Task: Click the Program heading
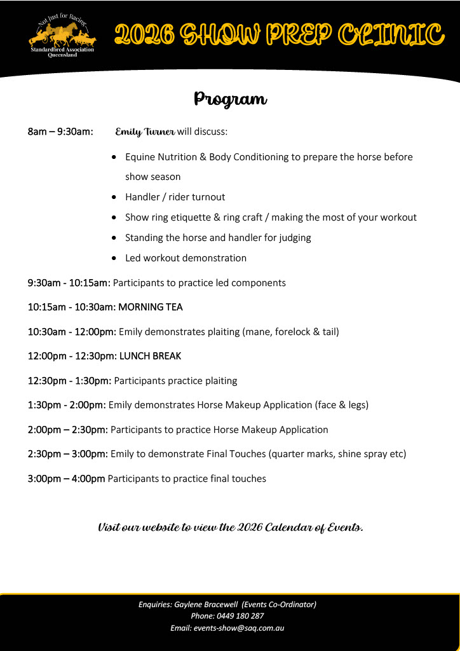coord(230,100)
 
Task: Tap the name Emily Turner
coord(145,132)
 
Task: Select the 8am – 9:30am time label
coord(60,132)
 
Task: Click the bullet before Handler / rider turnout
coord(113,197)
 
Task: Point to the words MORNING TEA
coord(151,307)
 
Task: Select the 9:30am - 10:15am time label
coord(69,283)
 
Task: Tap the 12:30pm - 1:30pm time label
coord(69,381)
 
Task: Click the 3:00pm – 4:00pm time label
coord(66,479)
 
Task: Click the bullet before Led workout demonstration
coord(113,258)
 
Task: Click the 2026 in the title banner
coord(144,36)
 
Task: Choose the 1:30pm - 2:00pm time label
coord(67,405)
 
